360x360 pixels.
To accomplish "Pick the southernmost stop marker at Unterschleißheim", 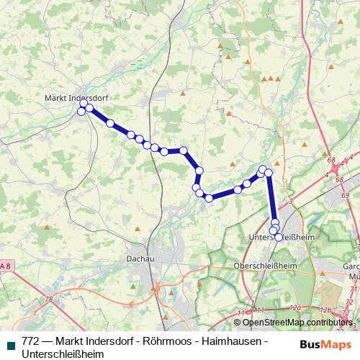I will pos(279,237).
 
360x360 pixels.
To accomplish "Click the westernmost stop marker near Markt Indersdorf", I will pos(81,111).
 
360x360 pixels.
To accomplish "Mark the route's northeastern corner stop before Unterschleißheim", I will pos(269,173).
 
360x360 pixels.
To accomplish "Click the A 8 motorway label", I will pos(5,267).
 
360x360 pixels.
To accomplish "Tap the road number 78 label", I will pos(49,300).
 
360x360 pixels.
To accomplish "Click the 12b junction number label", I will pos(325,310).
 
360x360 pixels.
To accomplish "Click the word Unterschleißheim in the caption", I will pos(63,354).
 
